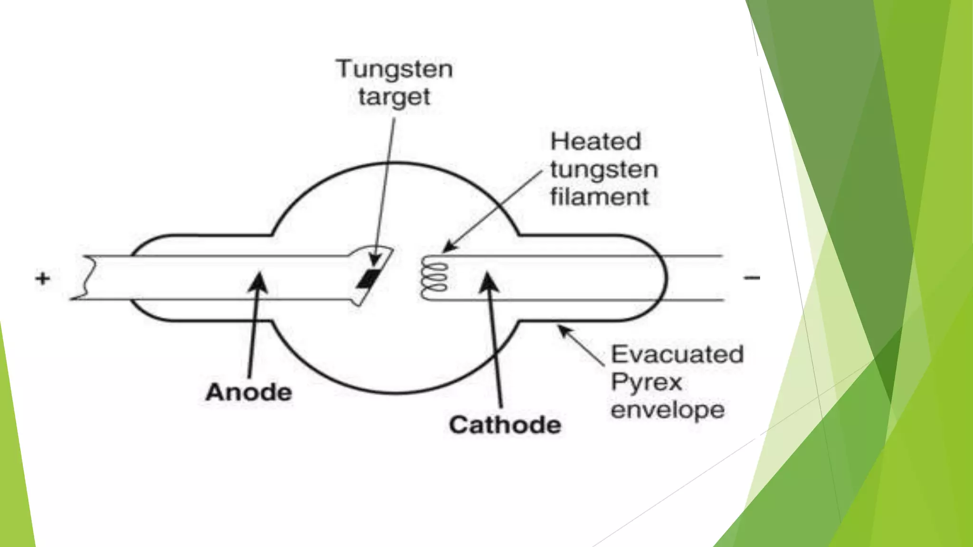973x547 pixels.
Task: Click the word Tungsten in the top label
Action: (x=394, y=69)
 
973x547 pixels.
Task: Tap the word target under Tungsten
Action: (x=394, y=97)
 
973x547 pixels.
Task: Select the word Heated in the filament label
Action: (x=596, y=141)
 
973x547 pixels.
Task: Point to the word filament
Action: (x=600, y=197)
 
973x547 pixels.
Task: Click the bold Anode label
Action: (x=249, y=393)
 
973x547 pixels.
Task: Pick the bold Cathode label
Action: (x=505, y=425)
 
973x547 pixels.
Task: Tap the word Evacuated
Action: (x=677, y=355)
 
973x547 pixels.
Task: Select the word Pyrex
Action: (x=646, y=383)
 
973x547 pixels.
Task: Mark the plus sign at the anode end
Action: (x=43, y=278)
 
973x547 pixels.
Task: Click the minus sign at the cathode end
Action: (x=752, y=277)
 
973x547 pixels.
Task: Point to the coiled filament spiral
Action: (x=434, y=279)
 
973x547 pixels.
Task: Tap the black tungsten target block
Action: (x=369, y=279)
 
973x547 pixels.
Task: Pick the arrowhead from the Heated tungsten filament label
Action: (x=448, y=247)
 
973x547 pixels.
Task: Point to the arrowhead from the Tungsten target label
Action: (x=375, y=260)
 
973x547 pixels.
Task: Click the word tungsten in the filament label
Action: (x=604, y=170)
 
